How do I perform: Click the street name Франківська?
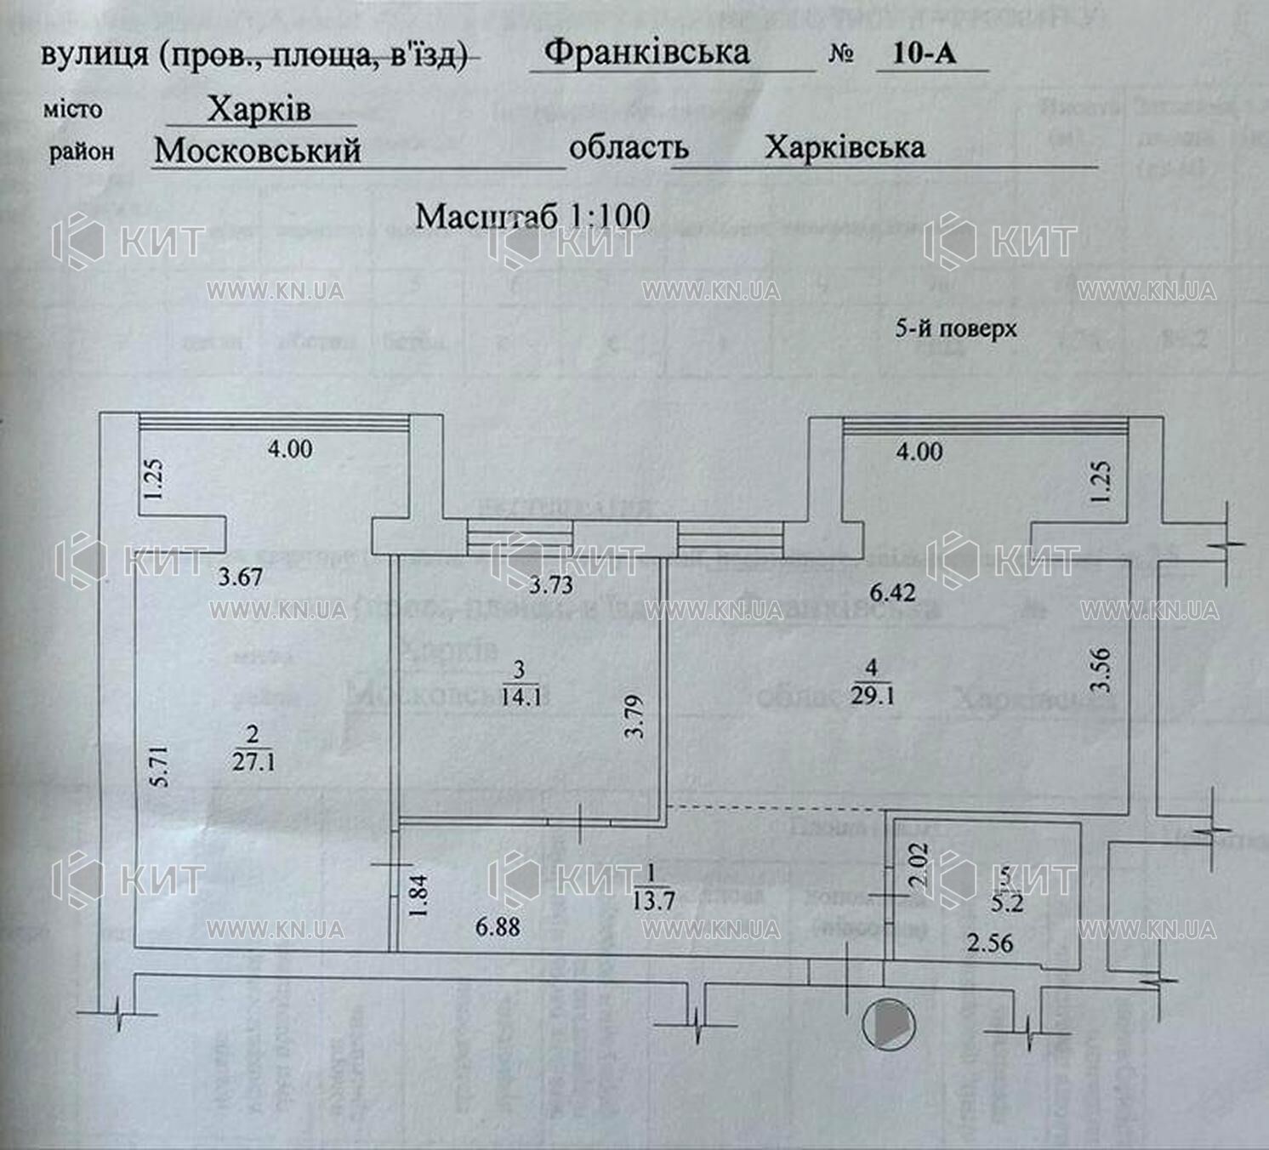click(646, 53)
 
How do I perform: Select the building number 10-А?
click(925, 53)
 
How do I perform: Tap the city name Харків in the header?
click(259, 109)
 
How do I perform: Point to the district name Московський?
click(258, 151)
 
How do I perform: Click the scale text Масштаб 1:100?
click(532, 216)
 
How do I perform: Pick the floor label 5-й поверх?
click(956, 328)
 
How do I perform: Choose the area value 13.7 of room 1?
click(653, 900)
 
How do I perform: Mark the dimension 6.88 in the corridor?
click(498, 926)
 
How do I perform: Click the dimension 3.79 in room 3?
click(634, 716)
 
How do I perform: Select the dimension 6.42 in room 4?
click(893, 591)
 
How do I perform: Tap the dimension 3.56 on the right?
click(1102, 669)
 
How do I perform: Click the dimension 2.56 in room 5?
click(990, 942)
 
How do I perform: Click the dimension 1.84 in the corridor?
click(419, 897)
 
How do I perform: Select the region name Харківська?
click(844, 148)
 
